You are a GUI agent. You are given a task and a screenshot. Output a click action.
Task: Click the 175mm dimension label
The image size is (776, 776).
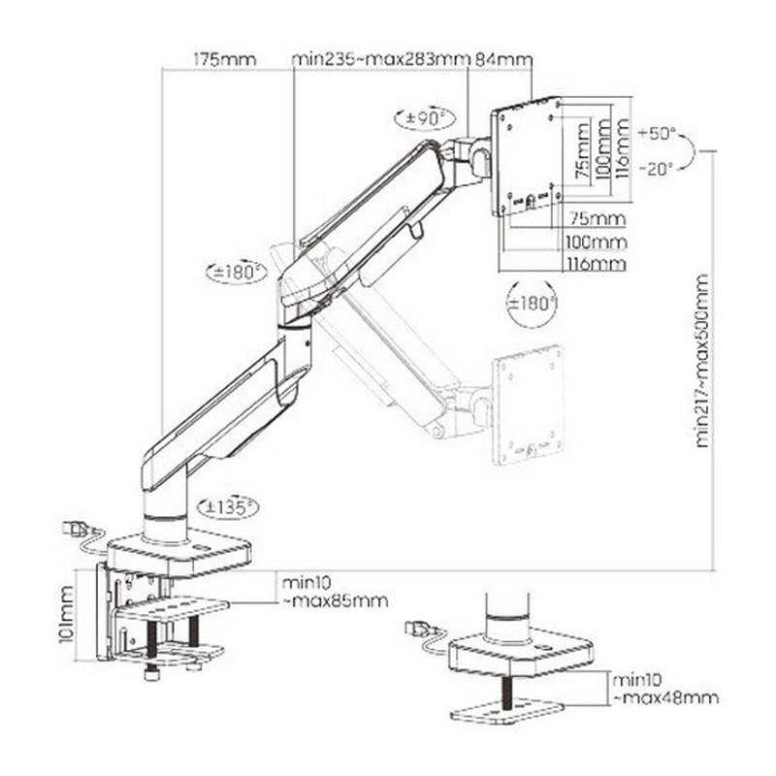tap(224, 60)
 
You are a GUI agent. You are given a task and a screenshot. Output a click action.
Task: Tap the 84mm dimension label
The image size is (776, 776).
tap(502, 60)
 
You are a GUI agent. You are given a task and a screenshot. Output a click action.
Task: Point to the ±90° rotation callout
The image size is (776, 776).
tap(424, 118)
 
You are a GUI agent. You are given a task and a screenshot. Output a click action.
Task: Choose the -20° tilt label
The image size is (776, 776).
tap(659, 167)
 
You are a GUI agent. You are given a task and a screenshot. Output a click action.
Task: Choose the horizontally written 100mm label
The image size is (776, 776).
tap(595, 242)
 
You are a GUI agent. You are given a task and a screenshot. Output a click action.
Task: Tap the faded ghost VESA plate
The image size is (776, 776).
tap(530, 407)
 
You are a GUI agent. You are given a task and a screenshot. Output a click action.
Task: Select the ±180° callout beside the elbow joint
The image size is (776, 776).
tap(236, 273)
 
